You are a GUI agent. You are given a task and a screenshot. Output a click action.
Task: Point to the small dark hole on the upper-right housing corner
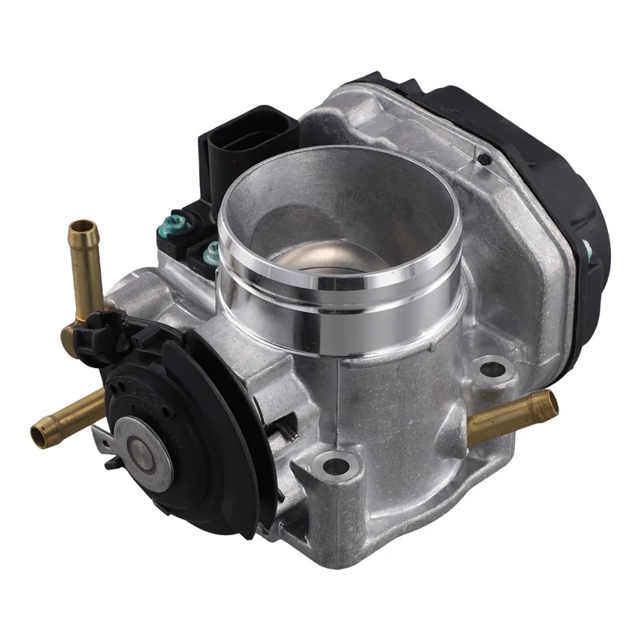pyautogui.click(x=482, y=159)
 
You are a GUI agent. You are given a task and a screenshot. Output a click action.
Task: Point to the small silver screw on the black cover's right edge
pyautogui.click(x=587, y=250)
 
